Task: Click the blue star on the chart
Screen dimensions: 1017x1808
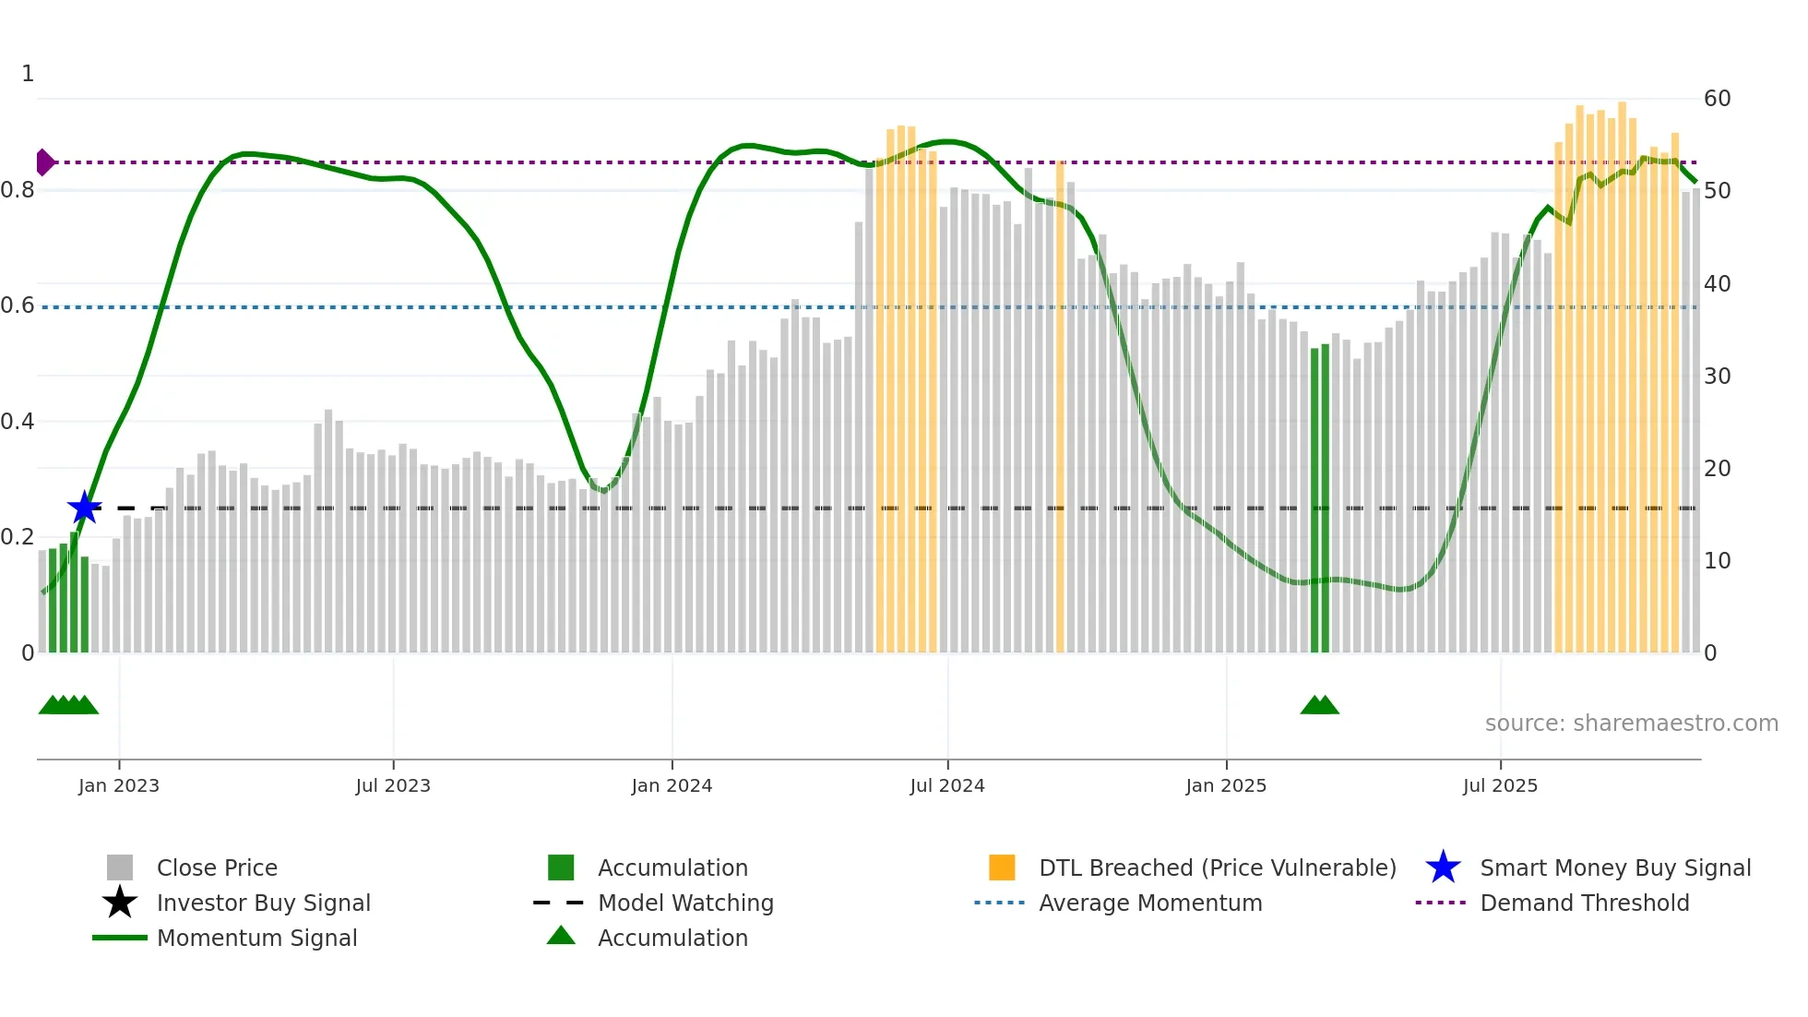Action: [84, 508]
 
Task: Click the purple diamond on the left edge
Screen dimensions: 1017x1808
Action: [44, 162]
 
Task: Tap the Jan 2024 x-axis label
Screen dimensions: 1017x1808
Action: [672, 785]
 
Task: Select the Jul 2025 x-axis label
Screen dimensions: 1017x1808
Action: [1500, 785]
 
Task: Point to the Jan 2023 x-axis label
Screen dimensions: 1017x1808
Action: [119, 785]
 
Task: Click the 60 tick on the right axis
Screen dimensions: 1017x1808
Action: [1717, 99]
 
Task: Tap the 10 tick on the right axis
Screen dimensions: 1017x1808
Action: [1717, 561]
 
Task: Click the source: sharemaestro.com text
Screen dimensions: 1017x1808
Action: [1631, 724]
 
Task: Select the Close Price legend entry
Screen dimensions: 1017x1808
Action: [217, 867]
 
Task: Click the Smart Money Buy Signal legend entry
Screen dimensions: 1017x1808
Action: [1614, 867]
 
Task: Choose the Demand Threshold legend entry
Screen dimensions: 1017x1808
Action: [1584, 903]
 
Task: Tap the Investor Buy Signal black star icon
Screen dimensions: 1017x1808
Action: [120, 903]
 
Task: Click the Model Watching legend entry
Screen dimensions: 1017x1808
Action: [685, 903]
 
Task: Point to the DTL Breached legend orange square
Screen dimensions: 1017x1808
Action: [1002, 867]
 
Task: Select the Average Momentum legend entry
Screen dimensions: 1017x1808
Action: [1149, 903]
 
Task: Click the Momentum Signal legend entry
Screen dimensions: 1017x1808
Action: [256, 938]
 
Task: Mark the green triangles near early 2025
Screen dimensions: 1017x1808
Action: [1319, 706]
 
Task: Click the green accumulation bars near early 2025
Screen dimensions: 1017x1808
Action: [1320, 498]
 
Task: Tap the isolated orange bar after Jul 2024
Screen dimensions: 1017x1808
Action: [1060, 406]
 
